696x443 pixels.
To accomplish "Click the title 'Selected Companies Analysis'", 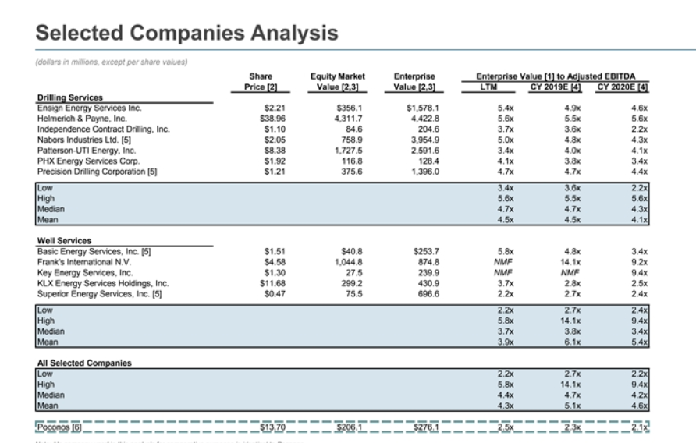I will point(187,33).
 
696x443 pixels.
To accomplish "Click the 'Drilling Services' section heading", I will point(71,97).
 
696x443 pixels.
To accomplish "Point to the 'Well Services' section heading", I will point(63,241).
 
